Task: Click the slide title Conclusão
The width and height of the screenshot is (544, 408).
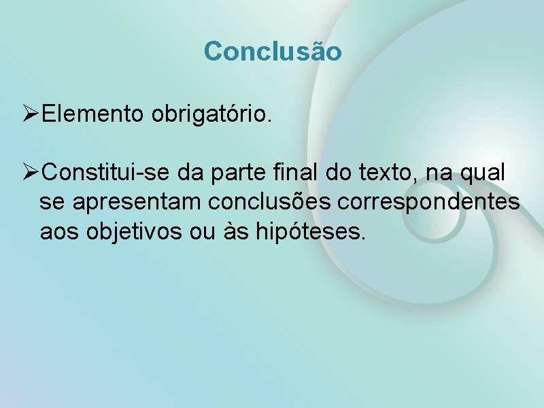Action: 272,51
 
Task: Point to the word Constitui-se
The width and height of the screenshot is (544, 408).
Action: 106,173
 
